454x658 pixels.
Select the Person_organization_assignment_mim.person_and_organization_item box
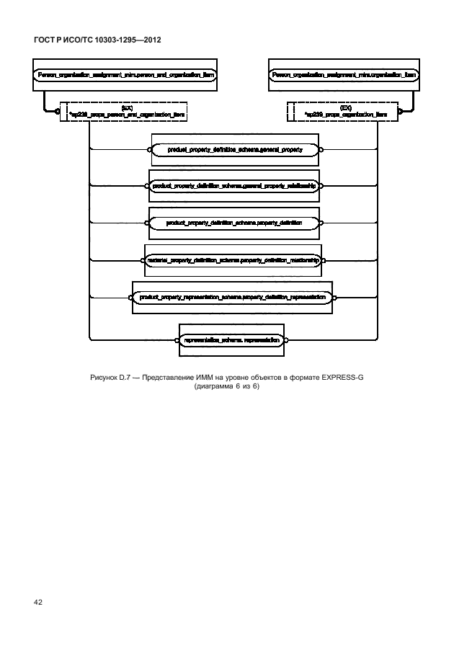click(x=125, y=74)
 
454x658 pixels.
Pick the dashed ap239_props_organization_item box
click(x=344, y=111)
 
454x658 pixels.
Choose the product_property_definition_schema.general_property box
click(x=234, y=150)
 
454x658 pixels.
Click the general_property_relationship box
click(x=233, y=186)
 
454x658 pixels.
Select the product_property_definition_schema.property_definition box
click(x=233, y=223)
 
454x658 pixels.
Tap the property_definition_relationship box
click(x=233, y=260)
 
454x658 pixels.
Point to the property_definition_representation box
click(x=232, y=297)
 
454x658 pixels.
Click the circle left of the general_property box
click(x=149, y=150)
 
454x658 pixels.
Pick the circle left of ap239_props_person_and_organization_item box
click(x=57, y=112)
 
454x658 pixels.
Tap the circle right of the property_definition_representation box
click(x=334, y=297)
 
